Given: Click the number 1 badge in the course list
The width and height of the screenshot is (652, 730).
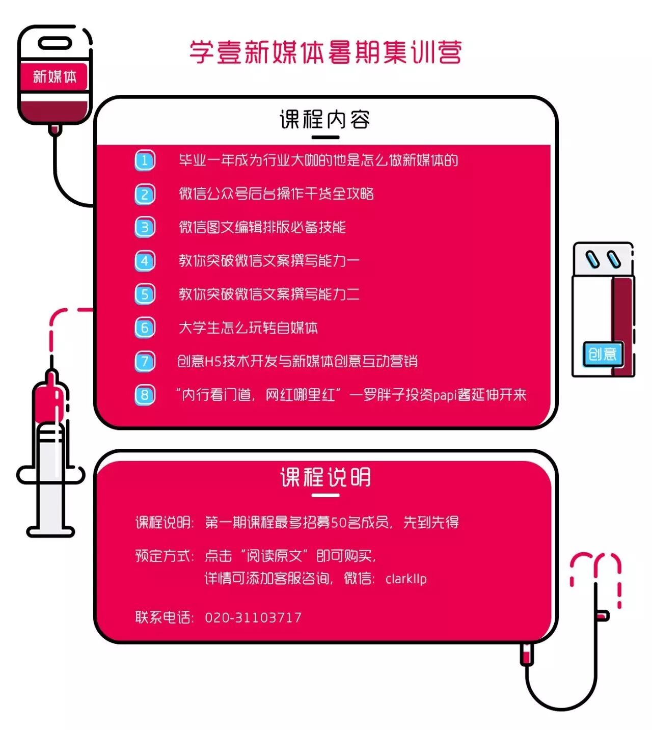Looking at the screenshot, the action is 145,160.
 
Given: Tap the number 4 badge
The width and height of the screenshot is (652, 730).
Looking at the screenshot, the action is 145,261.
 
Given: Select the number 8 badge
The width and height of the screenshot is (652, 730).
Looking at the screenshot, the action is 145,395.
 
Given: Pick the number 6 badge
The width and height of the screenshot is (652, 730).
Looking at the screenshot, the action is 145,328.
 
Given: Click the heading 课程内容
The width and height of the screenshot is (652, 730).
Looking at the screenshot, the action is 325,120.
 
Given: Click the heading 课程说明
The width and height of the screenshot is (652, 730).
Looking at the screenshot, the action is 325,477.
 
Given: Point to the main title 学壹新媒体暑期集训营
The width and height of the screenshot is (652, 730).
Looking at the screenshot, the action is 326,52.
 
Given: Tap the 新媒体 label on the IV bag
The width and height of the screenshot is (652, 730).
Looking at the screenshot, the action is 55,77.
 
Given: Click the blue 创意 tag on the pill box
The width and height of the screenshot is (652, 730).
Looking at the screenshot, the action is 603,354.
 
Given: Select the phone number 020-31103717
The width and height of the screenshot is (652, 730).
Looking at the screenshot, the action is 253,617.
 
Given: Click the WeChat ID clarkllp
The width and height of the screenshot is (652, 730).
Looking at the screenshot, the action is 406,579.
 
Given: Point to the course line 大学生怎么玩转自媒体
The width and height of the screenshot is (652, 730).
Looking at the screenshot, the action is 248,328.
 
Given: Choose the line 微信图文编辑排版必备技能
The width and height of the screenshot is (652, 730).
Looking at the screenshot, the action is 262,227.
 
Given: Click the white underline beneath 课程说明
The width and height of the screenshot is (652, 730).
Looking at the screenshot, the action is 325,494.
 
